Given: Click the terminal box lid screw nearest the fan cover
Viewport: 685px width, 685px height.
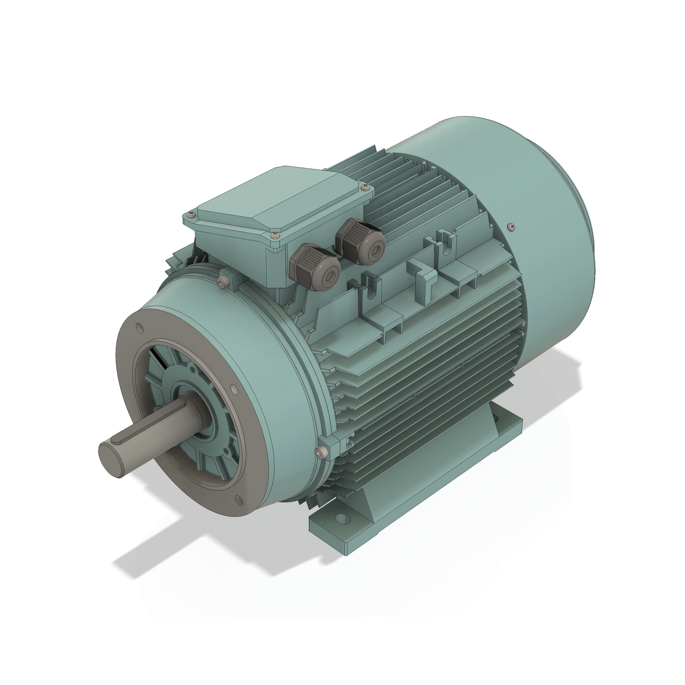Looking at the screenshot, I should click(365, 187).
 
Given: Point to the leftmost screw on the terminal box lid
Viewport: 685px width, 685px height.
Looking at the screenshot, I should click(192, 214).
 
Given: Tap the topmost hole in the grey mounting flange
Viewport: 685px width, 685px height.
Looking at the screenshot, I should click(139, 328).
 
